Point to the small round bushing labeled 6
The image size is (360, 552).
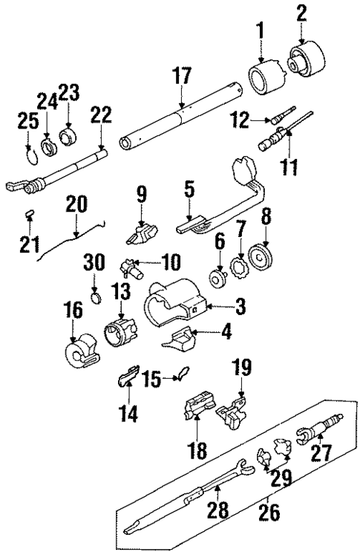pyautogui.click(x=220, y=281)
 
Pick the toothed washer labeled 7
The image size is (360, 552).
pyautogui.click(x=240, y=266)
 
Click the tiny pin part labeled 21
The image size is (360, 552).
pyautogui.click(x=30, y=215)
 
